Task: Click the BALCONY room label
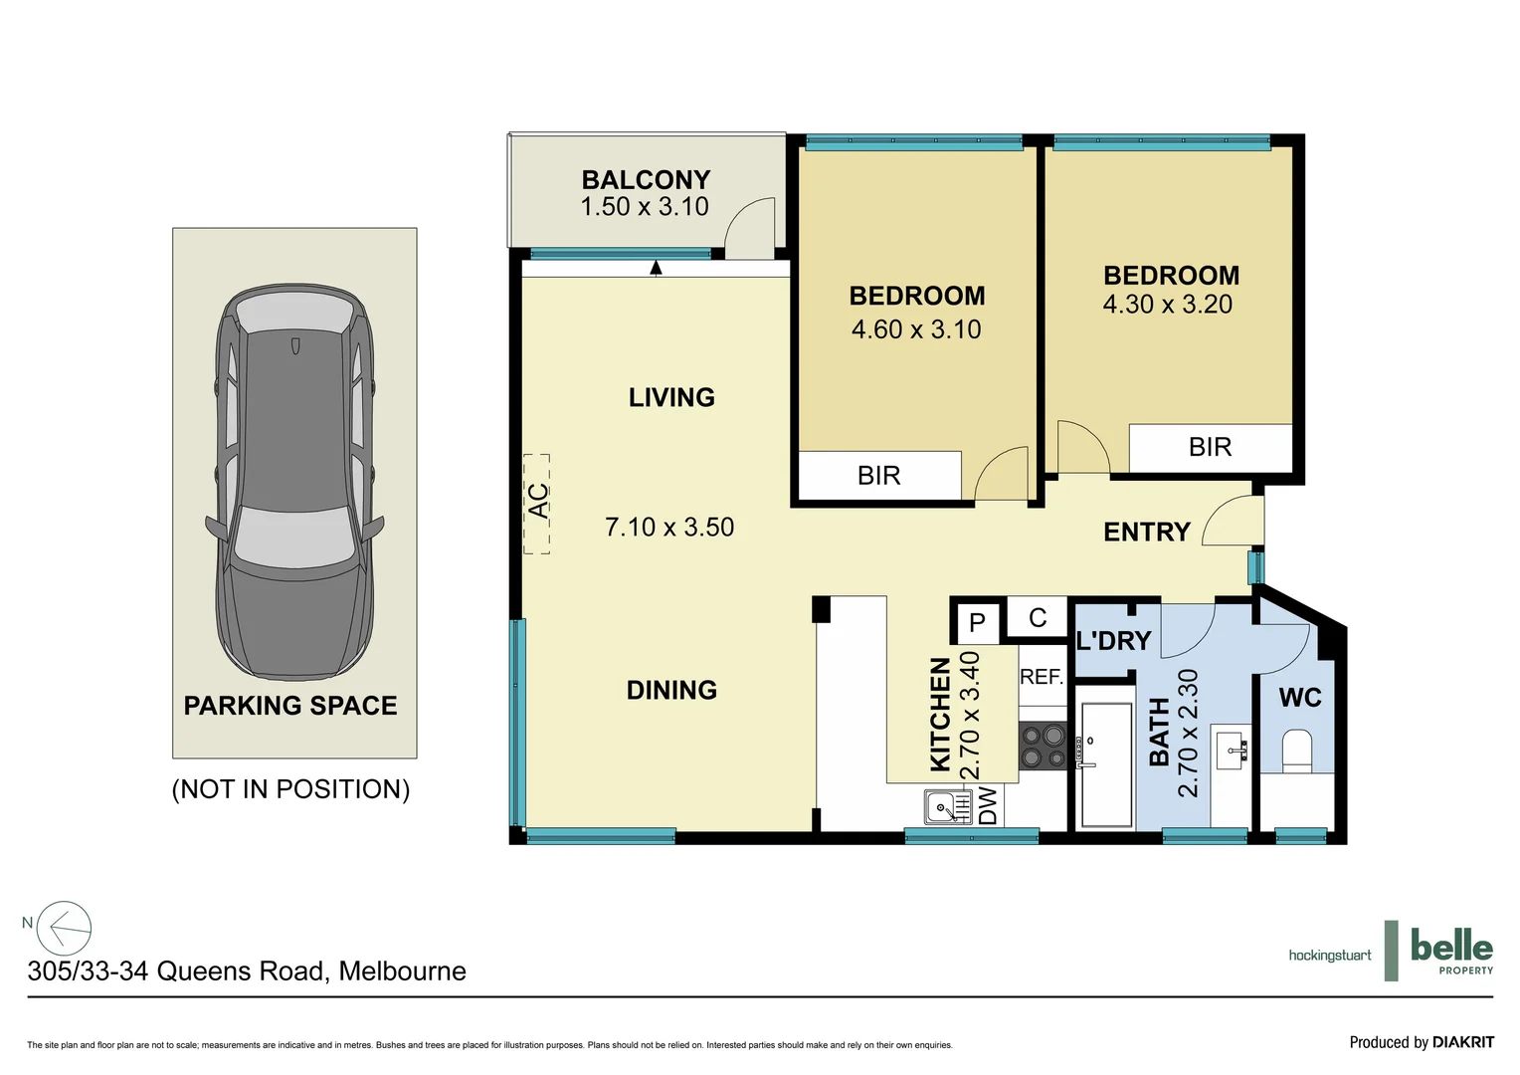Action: click(646, 180)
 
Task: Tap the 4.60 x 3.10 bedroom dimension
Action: click(916, 329)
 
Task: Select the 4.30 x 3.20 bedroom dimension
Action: click(1167, 305)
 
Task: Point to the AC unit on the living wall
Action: click(537, 503)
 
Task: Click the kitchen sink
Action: click(947, 806)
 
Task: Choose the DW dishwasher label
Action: click(988, 806)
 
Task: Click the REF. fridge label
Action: click(1042, 678)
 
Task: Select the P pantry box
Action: click(977, 623)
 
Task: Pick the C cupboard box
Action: click(1038, 618)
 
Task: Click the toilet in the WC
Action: click(1297, 752)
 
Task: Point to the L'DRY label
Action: click(1113, 641)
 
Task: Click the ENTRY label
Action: click(1147, 533)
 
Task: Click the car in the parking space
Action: click(294, 483)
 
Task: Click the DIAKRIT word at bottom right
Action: click(1462, 1042)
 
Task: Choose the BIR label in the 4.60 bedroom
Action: click(878, 476)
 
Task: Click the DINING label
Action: click(671, 690)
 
